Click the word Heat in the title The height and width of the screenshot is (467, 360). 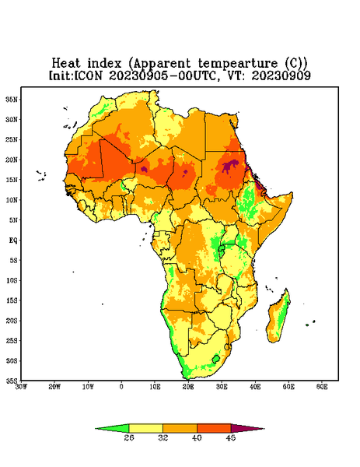pos(66,63)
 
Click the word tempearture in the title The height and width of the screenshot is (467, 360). pos(238,64)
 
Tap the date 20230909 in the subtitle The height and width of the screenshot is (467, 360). pos(281,75)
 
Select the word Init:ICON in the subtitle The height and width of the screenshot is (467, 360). pos(75,75)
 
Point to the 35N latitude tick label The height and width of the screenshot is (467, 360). pos(12,99)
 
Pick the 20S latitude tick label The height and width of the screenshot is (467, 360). pos(12,321)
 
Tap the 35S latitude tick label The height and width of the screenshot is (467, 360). pos(12,381)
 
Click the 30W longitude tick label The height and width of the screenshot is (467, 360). pos(21,387)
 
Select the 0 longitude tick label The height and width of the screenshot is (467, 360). pos(121,387)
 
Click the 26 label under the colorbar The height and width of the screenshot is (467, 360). pos(129,437)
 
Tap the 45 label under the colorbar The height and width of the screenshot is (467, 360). pos(231,437)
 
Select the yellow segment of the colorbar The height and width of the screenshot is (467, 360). pos(145,428)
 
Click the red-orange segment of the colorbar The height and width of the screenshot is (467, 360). pos(214,428)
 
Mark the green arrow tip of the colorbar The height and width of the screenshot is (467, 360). pos(95,429)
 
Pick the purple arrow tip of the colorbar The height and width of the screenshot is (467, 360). pos(264,429)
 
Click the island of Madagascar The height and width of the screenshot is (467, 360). pos(278,317)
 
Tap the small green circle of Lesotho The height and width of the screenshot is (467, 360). pos(216,359)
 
